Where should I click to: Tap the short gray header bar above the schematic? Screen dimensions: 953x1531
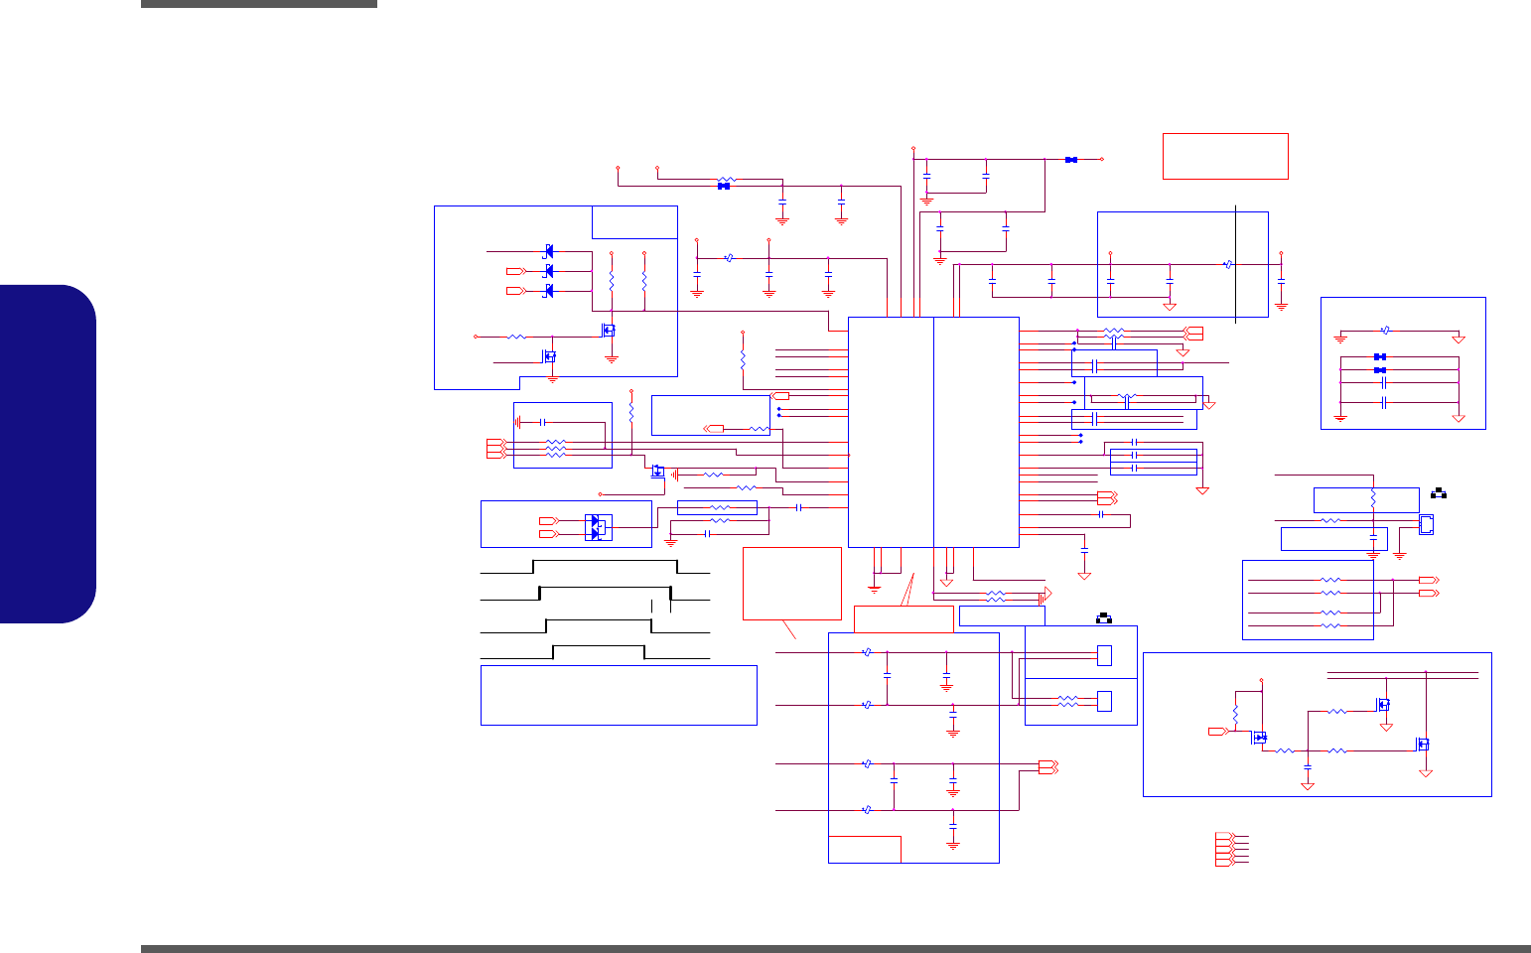258,4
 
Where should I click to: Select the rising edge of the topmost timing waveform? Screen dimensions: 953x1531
533,567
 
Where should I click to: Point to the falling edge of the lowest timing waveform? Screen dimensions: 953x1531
644,652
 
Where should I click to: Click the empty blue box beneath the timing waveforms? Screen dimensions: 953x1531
618,695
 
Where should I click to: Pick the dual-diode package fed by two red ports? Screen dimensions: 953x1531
598,527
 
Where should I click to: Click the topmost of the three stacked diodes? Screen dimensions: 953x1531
549,251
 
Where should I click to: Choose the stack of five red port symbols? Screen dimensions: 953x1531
1223,849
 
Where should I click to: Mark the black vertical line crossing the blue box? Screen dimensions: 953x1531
1235,263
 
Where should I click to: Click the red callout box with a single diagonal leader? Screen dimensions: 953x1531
791,583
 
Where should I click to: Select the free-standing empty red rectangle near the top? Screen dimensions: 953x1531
1225,156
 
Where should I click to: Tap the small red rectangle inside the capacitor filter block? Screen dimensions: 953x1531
865,849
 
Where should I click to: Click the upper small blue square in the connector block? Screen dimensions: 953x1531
1104,655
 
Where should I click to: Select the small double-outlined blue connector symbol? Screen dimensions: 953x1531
1426,524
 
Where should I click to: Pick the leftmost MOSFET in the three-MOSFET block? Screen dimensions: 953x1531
1260,738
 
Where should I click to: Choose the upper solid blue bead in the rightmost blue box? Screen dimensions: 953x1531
1379,356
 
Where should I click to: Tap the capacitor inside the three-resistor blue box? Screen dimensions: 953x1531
542,422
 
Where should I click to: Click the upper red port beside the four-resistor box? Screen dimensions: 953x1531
1428,579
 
